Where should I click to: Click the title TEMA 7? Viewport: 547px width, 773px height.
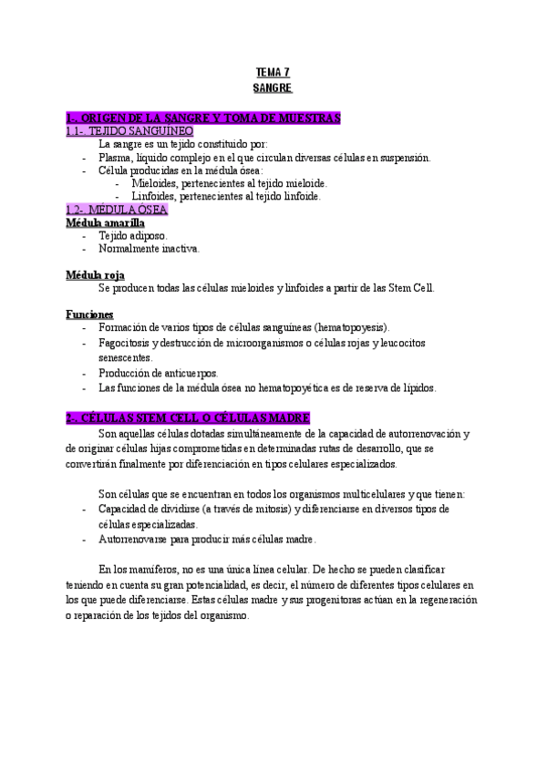273,72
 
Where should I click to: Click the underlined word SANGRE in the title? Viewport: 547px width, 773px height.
273,88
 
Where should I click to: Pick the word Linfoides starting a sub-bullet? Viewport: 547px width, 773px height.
153,195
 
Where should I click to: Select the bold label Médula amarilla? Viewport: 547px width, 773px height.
105,222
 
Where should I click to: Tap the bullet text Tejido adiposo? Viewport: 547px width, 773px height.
133,235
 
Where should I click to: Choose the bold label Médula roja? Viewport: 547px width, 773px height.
96,275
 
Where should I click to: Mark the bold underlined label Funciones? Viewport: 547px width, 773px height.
88,314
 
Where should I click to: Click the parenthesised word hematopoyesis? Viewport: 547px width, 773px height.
351,327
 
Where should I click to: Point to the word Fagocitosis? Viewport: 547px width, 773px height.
124,343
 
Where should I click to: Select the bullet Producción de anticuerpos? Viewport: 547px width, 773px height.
159,373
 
